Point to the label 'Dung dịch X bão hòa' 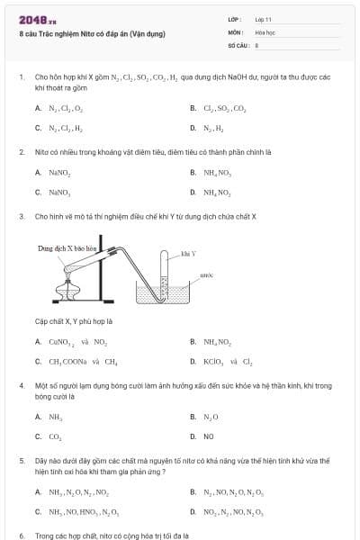pyautogui.click(x=67, y=247)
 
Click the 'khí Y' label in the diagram pyautogui.click(x=187, y=255)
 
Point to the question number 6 pyautogui.click(x=22, y=535)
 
